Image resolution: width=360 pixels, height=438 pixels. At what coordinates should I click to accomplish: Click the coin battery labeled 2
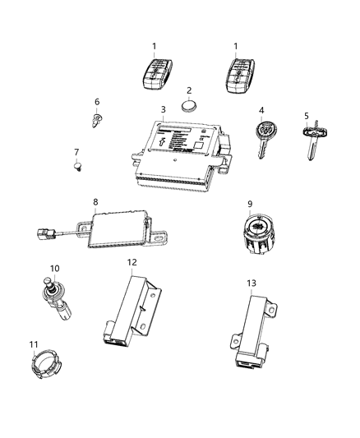tap(192, 105)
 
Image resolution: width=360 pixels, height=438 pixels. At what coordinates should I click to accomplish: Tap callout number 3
tap(164, 108)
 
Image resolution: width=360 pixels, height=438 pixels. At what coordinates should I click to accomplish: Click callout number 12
tap(131, 261)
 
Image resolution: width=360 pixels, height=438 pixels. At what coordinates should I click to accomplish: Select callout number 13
tap(252, 282)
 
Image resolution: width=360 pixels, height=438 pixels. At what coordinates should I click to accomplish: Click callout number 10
tap(55, 268)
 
